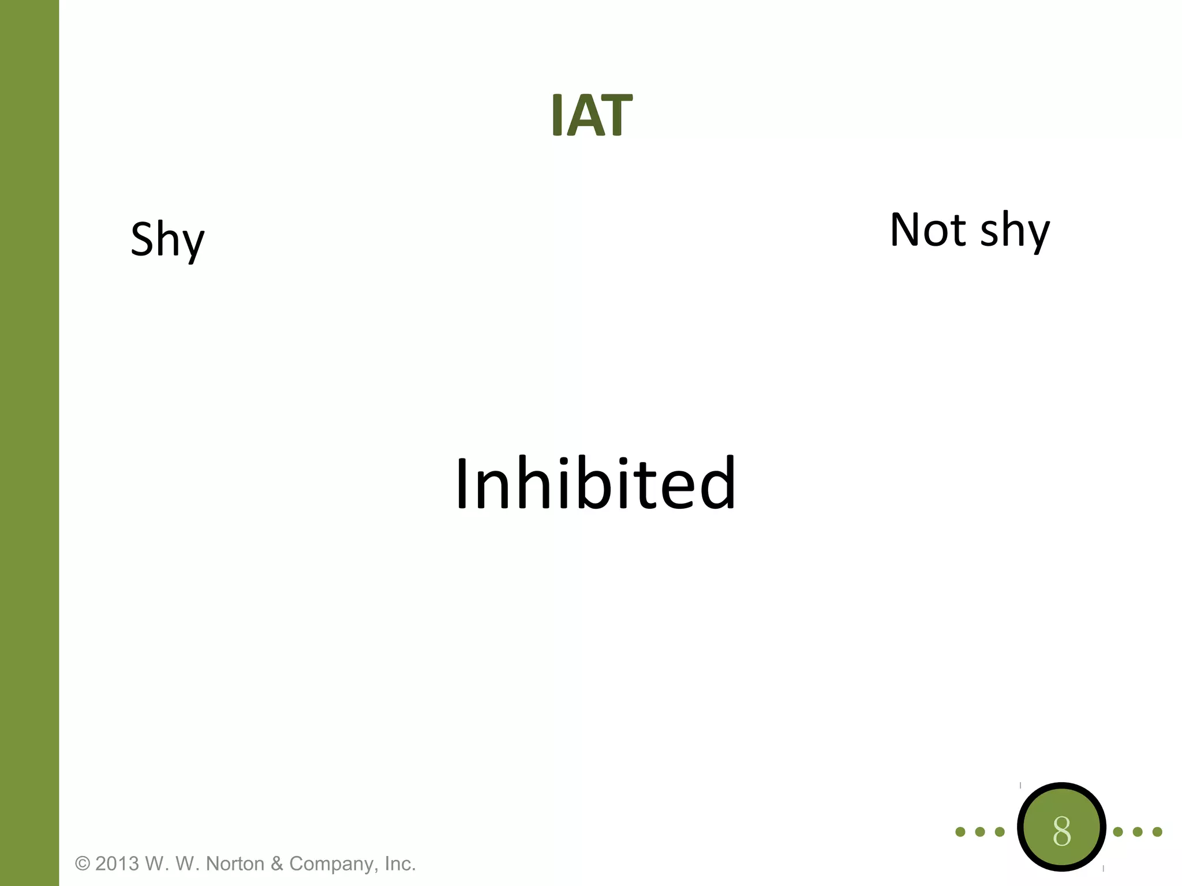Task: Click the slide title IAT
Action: [592, 115]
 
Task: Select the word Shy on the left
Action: [167, 239]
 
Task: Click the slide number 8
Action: [1061, 831]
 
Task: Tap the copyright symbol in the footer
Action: [83, 864]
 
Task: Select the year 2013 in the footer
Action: [117, 864]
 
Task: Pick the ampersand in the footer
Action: [277, 864]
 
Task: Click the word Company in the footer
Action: [333, 864]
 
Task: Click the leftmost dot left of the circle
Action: [960, 832]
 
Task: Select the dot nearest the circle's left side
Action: [1000, 832]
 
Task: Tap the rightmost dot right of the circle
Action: [1157, 832]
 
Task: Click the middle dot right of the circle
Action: [1138, 832]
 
